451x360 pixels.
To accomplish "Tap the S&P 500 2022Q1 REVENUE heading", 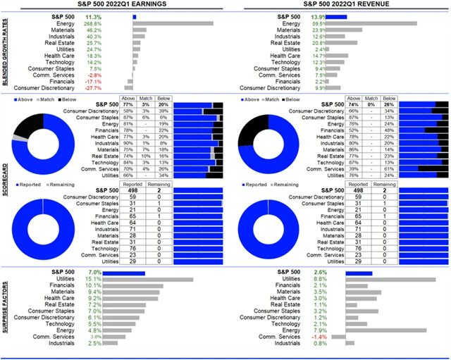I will (338, 5).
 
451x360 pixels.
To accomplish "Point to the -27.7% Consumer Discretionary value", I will (113, 88).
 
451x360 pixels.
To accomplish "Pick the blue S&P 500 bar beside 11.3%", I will (135, 15).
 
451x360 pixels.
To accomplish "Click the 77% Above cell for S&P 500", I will (128, 104).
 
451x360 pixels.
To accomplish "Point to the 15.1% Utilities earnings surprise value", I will (113, 279).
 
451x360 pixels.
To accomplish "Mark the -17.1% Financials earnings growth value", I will (113, 81).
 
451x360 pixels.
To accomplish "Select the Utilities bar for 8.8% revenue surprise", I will (390, 279).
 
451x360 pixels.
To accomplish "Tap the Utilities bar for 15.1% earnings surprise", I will (163, 279).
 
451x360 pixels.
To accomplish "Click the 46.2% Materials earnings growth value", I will (113, 30).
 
